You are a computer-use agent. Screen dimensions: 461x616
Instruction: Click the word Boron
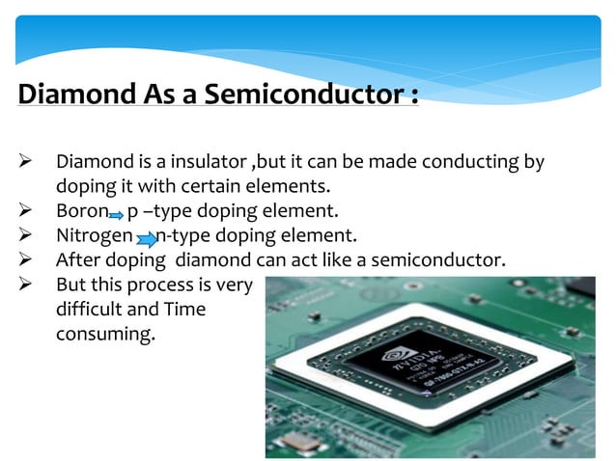pyautogui.click(x=80, y=209)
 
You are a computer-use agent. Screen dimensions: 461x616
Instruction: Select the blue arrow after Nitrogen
pyautogui.click(x=146, y=237)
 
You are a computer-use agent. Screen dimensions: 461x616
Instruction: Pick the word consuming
pyautogui.click(x=105, y=335)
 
